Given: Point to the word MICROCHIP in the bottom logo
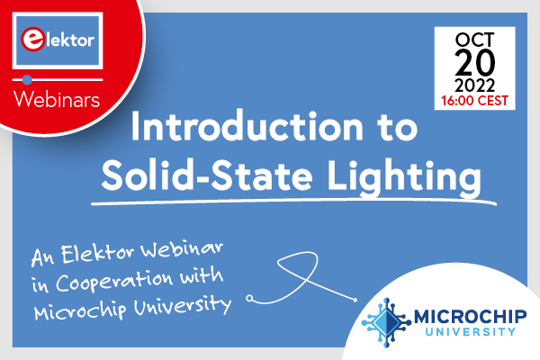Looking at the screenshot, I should click(463, 316).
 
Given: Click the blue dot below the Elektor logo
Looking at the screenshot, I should click(26, 78).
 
